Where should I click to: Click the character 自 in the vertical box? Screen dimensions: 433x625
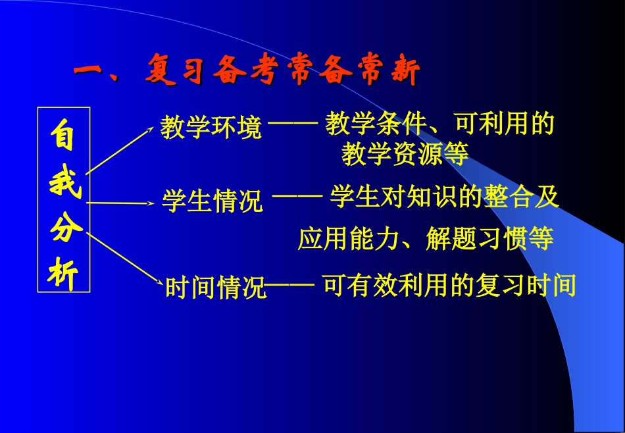[x=64, y=136]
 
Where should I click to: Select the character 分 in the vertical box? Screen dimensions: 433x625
[x=64, y=228]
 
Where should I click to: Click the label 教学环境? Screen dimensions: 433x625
[x=211, y=128]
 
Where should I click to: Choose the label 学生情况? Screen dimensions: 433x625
[x=212, y=201]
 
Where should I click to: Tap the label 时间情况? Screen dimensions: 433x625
[x=215, y=288]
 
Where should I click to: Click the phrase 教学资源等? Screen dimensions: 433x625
[x=405, y=155]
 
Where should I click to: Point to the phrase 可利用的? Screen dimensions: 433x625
[x=505, y=124]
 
